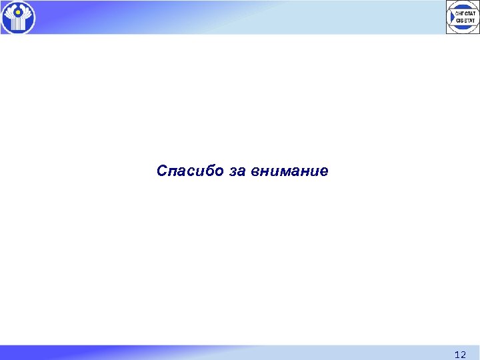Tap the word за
pos(237,171)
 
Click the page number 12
pos(459,355)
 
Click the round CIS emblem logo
pos(18,17)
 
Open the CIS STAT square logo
pos(463,17)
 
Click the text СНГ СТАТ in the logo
pos(465,13)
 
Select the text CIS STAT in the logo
pos(465,20)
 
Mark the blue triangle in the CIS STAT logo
pos(452,17)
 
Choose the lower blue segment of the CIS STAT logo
pos(463,27)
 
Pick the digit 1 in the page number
pos(456,355)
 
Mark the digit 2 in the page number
pos(463,355)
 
